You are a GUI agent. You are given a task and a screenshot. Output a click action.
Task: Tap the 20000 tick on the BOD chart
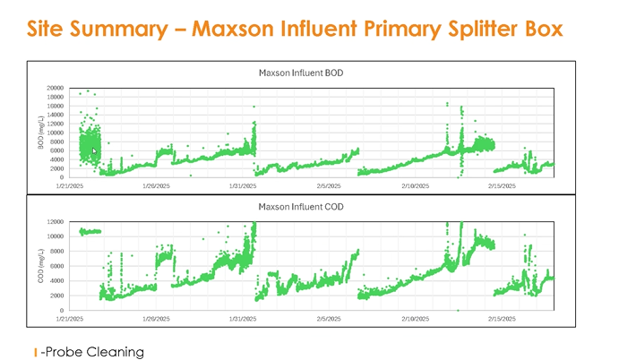coord(55,88)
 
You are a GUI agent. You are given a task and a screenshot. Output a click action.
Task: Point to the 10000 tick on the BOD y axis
coord(55,132)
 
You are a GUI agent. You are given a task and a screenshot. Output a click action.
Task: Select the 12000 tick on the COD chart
coord(55,221)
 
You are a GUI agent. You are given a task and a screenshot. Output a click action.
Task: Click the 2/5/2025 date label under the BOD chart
coord(329,186)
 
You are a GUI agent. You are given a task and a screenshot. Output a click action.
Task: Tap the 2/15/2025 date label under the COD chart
coord(502,318)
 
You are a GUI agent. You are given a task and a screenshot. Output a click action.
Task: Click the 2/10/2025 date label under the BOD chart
coord(415,186)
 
